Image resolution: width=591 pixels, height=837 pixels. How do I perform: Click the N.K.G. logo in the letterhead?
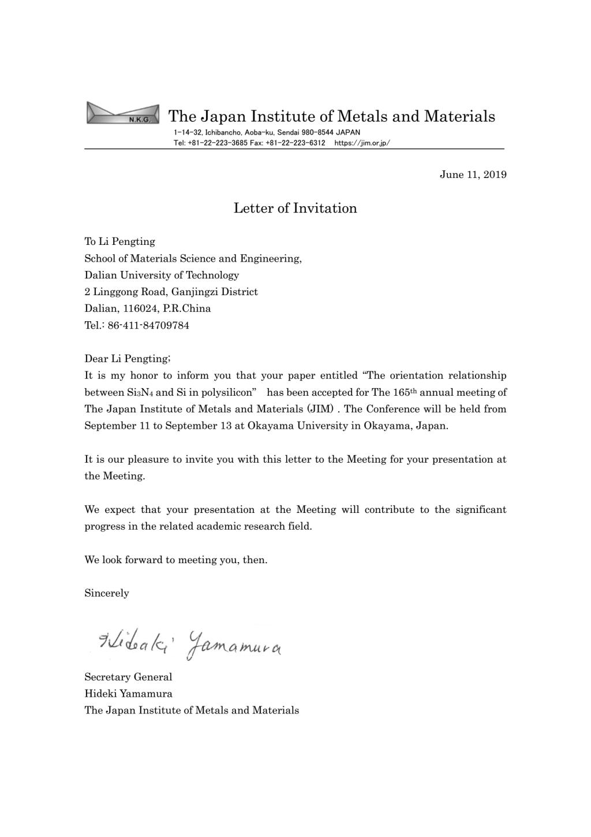click(122, 113)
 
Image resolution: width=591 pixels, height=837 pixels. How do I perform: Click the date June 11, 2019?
click(473, 174)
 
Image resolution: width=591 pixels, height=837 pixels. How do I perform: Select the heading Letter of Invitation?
click(295, 209)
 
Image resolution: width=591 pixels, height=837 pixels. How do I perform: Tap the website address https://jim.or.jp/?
click(362, 143)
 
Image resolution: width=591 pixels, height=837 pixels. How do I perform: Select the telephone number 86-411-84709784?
click(148, 325)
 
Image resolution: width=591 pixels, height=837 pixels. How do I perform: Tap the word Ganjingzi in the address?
click(195, 292)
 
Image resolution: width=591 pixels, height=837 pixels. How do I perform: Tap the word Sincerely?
click(107, 593)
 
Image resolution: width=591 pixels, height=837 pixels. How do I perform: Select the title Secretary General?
click(128, 677)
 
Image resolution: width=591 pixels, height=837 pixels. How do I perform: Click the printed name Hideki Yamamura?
click(128, 694)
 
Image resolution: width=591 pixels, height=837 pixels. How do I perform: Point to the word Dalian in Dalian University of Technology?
click(100, 275)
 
